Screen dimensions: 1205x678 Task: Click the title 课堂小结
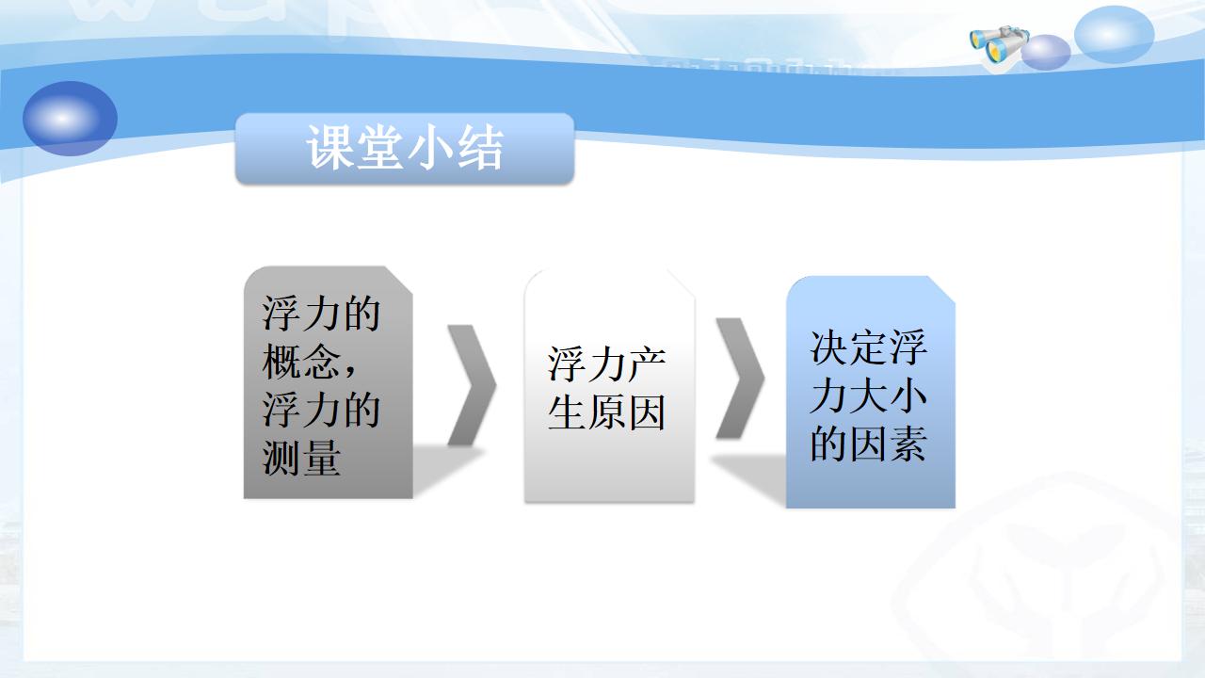(405, 148)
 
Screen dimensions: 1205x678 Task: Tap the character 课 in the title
(329, 148)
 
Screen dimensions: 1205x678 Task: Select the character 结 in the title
(480, 148)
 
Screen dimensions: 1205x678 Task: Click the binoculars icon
(999, 46)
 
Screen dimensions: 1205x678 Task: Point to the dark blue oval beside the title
(70, 119)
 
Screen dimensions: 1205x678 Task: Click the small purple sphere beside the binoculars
(1046, 52)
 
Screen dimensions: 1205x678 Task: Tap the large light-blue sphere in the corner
(1114, 35)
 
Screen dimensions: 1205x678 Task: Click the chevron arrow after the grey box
(472, 385)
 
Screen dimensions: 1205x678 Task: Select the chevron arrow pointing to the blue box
(740, 379)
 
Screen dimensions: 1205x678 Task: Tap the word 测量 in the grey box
(302, 458)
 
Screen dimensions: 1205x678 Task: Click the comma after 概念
(351, 370)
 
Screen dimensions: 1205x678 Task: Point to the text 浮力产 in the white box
(607, 363)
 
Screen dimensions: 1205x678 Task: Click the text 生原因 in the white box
(607, 412)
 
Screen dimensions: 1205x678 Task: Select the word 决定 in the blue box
(849, 347)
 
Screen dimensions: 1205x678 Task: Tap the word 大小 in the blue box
(889, 395)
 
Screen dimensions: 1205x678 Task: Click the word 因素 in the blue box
(889, 444)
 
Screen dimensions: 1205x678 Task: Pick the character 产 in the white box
(647, 363)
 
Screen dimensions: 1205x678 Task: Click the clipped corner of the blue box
(941, 289)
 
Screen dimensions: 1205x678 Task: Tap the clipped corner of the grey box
(398, 280)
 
